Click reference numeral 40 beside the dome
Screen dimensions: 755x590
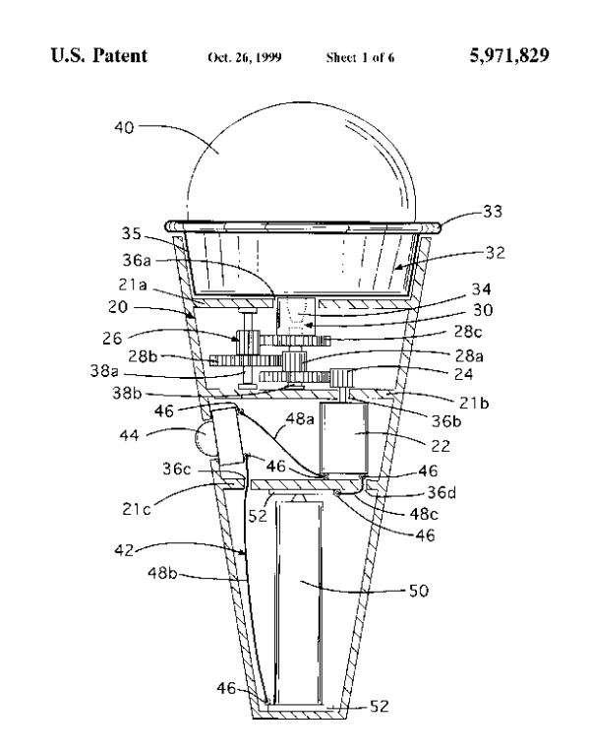coord(122,126)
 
